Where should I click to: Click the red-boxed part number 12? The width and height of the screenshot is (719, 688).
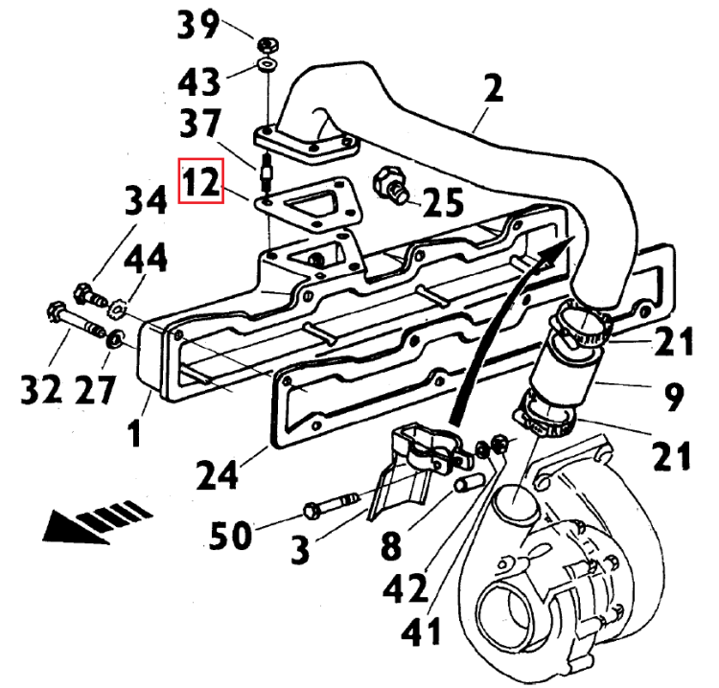[202, 181]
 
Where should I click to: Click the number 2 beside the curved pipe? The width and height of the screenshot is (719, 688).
[493, 92]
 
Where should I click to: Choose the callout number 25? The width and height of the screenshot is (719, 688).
[441, 202]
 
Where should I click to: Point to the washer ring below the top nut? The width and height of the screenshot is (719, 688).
[267, 65]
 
